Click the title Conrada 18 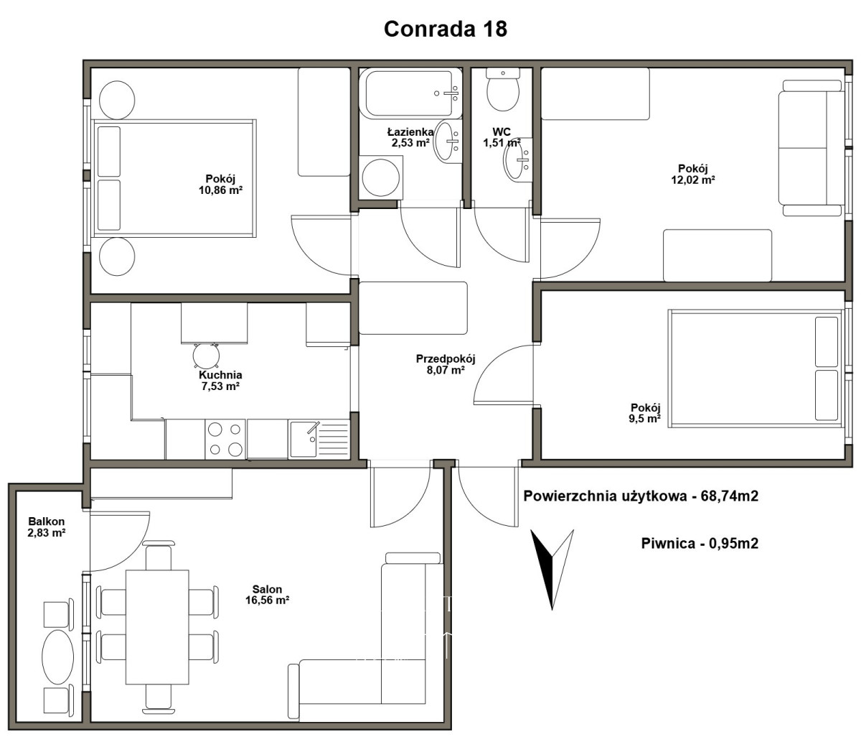[446, 29]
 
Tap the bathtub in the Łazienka [410, 93]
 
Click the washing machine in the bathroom [381, 177]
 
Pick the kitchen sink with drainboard [319, 439]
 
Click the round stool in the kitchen [206, 356]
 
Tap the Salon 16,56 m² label [268, 595]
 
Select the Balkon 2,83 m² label [47, 527]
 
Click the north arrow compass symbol [552, 569]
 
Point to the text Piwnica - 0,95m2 [700, 544]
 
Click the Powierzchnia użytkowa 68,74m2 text [641, 496]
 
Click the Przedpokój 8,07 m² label [446, 364]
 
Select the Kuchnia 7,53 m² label [220, 380]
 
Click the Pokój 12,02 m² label [693, 174]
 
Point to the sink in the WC [517, 159]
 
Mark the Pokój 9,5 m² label [645, 413]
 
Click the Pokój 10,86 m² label [220, 185]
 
